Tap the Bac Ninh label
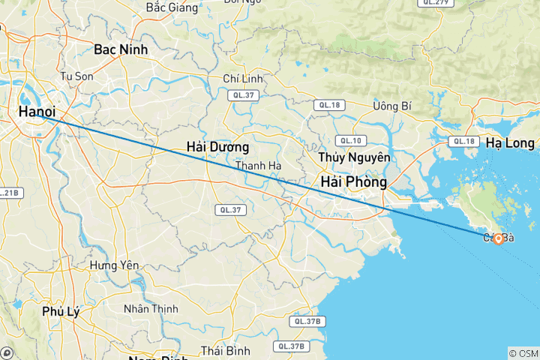coord(121,49)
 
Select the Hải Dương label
coord(217,147)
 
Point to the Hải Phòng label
coord(353,182)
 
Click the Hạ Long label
coord(509,142)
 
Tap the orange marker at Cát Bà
coord(498,239)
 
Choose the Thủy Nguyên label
coord(355,157)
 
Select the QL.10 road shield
coord(349,140)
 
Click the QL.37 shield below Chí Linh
coord(244,95)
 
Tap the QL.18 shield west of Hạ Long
coord(462,141)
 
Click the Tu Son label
coord(76,76)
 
